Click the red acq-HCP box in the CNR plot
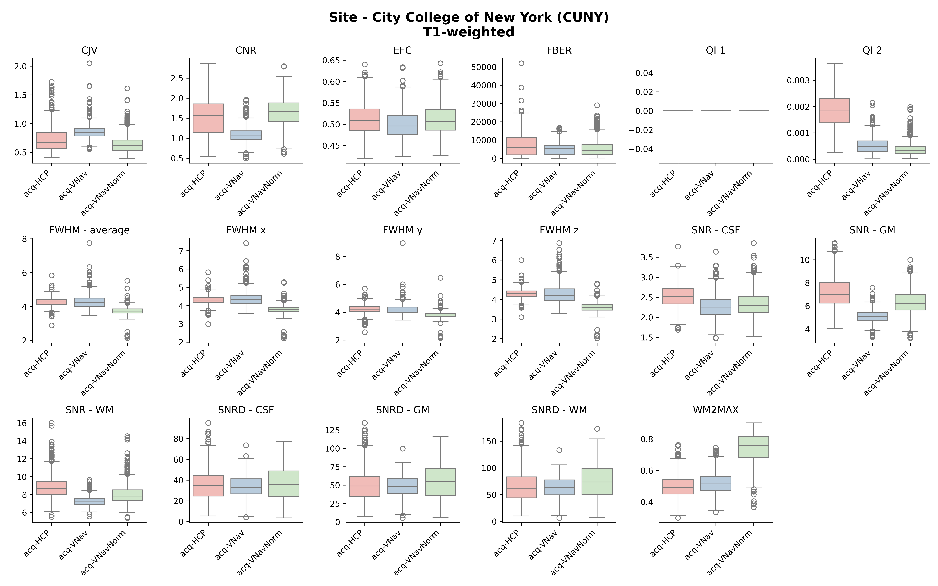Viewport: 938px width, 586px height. [208, 118]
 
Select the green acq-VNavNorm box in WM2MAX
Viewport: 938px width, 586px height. [754, 447]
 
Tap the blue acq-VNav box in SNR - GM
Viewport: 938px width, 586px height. [872, 316]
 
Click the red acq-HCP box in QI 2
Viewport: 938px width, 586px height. [835, 111]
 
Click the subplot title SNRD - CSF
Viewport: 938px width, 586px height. [246, 410]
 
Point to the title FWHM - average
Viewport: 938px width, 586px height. [89, 230]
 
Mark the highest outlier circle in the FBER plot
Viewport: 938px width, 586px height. [521, 63]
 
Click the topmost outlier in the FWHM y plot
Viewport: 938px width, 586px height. [403, 243]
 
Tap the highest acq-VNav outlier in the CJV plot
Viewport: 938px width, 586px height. [89, 63]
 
